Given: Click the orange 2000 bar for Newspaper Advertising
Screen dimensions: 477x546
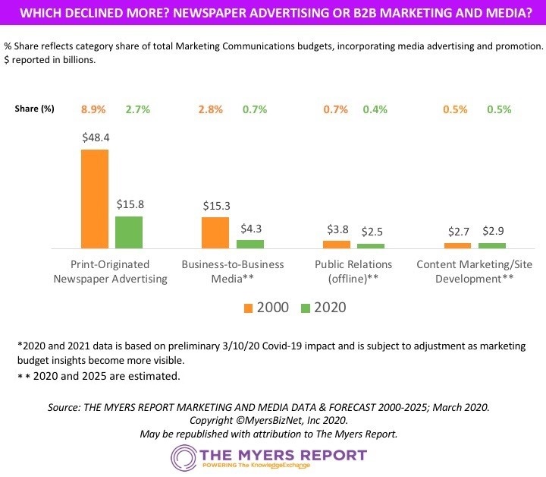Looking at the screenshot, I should tap(95, 198).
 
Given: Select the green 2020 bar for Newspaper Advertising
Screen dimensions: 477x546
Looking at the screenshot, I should tap(129, 232).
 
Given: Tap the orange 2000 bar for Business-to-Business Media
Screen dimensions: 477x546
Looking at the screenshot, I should tap(215, 232).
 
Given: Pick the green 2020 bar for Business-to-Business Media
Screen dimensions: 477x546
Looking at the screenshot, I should tap(250, 244).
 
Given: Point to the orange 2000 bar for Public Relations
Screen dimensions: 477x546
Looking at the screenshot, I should tap(337, 245).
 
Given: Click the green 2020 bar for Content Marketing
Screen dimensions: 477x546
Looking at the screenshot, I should tap(492, 245).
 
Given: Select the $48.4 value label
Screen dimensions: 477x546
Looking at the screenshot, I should tap(95, 138).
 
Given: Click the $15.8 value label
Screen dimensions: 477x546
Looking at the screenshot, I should tap(129, 205).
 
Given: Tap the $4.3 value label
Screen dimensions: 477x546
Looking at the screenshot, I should tap(250, 229).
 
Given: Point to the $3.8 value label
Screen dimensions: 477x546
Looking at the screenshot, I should tap(337, 229).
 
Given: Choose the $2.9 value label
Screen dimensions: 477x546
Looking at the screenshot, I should tap(492, 231).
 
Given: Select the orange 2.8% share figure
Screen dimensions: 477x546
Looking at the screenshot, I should tap(210, 109).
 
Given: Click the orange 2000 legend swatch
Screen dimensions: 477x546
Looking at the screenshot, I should tap(248, 308).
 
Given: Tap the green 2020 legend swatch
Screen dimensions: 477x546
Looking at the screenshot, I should tap(306, 308).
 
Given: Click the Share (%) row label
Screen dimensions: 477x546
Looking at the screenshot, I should tap(34, 109).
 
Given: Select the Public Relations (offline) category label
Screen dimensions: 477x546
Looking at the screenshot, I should tap(353, 271).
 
